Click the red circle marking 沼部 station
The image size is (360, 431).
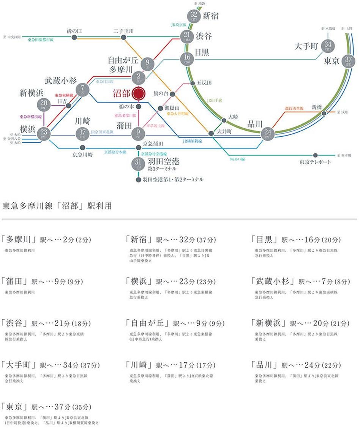[x=139, y=93]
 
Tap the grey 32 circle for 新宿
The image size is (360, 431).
[x=193, y=16]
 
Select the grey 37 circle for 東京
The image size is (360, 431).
[x=348, y=61]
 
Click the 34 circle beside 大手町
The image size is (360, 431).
[x=328, y=46]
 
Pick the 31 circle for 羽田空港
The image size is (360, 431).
[x=138, y=164]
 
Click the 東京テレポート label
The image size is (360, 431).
[x=315, y=162]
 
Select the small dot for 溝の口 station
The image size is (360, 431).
[x=74, y=37]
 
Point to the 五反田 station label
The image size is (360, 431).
[x=204, y=83]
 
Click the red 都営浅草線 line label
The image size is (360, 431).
[x=294, y=108]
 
